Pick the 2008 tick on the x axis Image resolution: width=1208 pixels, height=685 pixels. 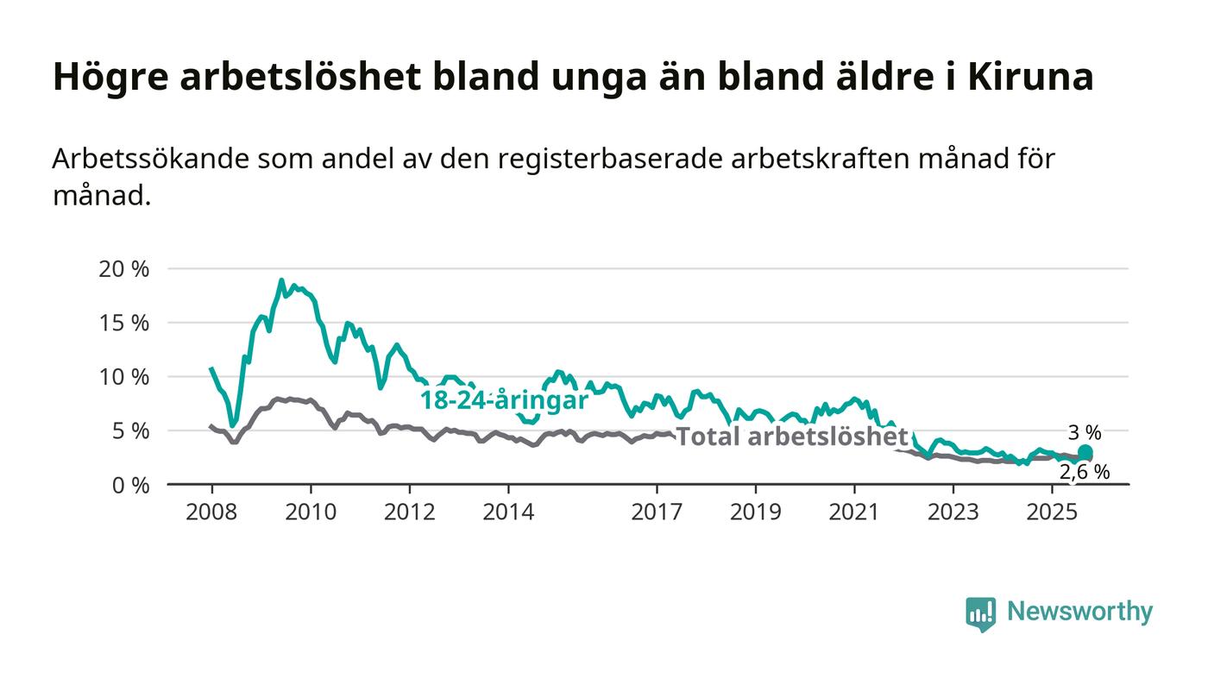tap(211, 512)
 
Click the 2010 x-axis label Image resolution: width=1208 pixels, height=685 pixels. tap(311, 512)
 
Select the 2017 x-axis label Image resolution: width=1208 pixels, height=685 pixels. tap(657, 512)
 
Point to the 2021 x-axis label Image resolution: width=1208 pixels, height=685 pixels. tap(855, 512)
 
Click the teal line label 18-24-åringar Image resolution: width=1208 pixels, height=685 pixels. tap(504, 400)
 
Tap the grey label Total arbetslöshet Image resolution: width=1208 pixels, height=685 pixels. tap(791, 437)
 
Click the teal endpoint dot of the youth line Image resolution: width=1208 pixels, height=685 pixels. tap(1085, 453)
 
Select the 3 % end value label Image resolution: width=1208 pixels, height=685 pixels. tap(1085, 433)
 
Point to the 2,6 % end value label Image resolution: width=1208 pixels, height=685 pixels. tap(1085, 472)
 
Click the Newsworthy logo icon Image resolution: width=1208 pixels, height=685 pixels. tap(980, 613)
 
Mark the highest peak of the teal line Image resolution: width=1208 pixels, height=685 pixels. tap(281, 280)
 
